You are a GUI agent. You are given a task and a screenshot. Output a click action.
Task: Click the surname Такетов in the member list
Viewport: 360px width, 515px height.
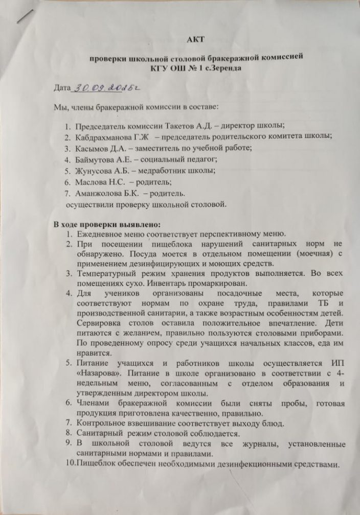(185, 126)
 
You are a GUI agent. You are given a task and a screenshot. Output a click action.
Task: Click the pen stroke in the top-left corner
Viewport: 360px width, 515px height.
(24, 15)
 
